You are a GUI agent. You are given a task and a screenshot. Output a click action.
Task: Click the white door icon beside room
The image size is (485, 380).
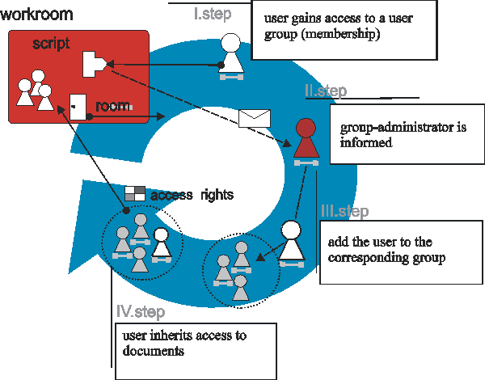[x=78, y=107]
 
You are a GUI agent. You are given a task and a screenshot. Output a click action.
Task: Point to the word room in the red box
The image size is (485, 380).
[x=113, y=106]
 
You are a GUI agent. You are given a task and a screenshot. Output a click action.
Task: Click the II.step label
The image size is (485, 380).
[x=326, y=91]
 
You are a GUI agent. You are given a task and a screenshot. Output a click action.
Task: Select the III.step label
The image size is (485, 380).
[x=344, y=212]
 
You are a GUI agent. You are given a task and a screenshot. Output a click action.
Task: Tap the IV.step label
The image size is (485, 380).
[x=141, y=311]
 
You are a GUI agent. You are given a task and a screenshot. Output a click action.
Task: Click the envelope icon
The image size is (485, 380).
[x=254, y=119]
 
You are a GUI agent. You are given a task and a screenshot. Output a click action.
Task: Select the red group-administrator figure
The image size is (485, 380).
[x=305, y=141]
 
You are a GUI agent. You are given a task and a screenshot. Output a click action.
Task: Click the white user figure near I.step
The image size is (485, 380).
[x=231, y=57]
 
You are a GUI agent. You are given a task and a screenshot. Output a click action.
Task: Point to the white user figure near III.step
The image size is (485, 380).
[x=291, y=243]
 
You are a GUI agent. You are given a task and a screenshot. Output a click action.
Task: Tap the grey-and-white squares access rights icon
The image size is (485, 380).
[x=135, y=193]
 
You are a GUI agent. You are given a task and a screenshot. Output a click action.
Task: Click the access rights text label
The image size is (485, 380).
[x=192, y=195]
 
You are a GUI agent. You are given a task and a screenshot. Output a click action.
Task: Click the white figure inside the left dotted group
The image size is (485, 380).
[x=161, y=243]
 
